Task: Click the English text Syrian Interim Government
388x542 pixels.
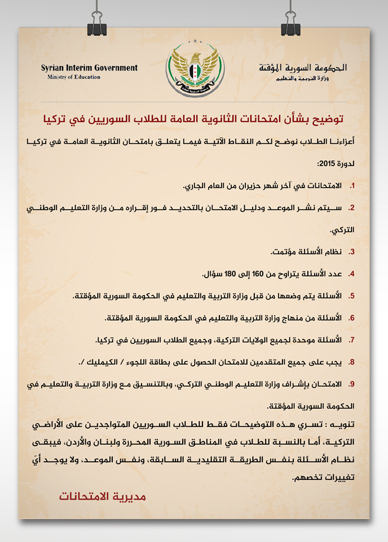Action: click(89, 68)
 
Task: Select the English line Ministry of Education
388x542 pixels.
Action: click(74, 77)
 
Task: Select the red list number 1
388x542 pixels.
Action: click(352, 186)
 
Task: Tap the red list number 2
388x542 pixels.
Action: click(352, 208)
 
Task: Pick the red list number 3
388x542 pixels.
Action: click(352, 251)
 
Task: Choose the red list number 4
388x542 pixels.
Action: click(352, 274)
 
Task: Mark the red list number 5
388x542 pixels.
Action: click(352, 296)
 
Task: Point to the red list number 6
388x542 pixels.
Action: click(352, 318)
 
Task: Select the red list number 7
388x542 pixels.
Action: click(352, 341)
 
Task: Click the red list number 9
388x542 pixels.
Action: click(352, 385)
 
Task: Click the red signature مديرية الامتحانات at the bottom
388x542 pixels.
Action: click(103, 496)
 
